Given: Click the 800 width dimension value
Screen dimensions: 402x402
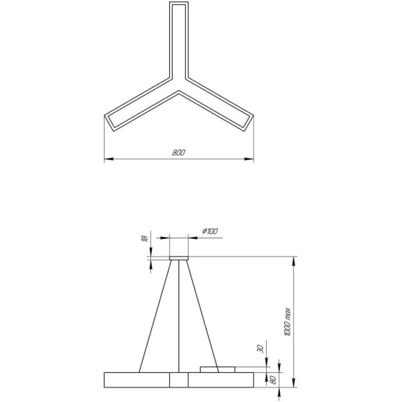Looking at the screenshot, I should coord(178,152).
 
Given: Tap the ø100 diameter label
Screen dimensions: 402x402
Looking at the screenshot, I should coord(209,230).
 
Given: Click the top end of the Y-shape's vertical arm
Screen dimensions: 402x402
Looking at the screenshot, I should coord(179,6).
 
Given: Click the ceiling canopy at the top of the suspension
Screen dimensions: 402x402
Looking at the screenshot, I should coord(179,259).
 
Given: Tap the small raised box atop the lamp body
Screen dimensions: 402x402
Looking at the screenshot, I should coord(218,369).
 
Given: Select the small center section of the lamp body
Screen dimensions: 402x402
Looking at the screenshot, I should coord(179,379).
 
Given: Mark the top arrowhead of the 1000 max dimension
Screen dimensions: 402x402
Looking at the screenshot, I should coord(296,260).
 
